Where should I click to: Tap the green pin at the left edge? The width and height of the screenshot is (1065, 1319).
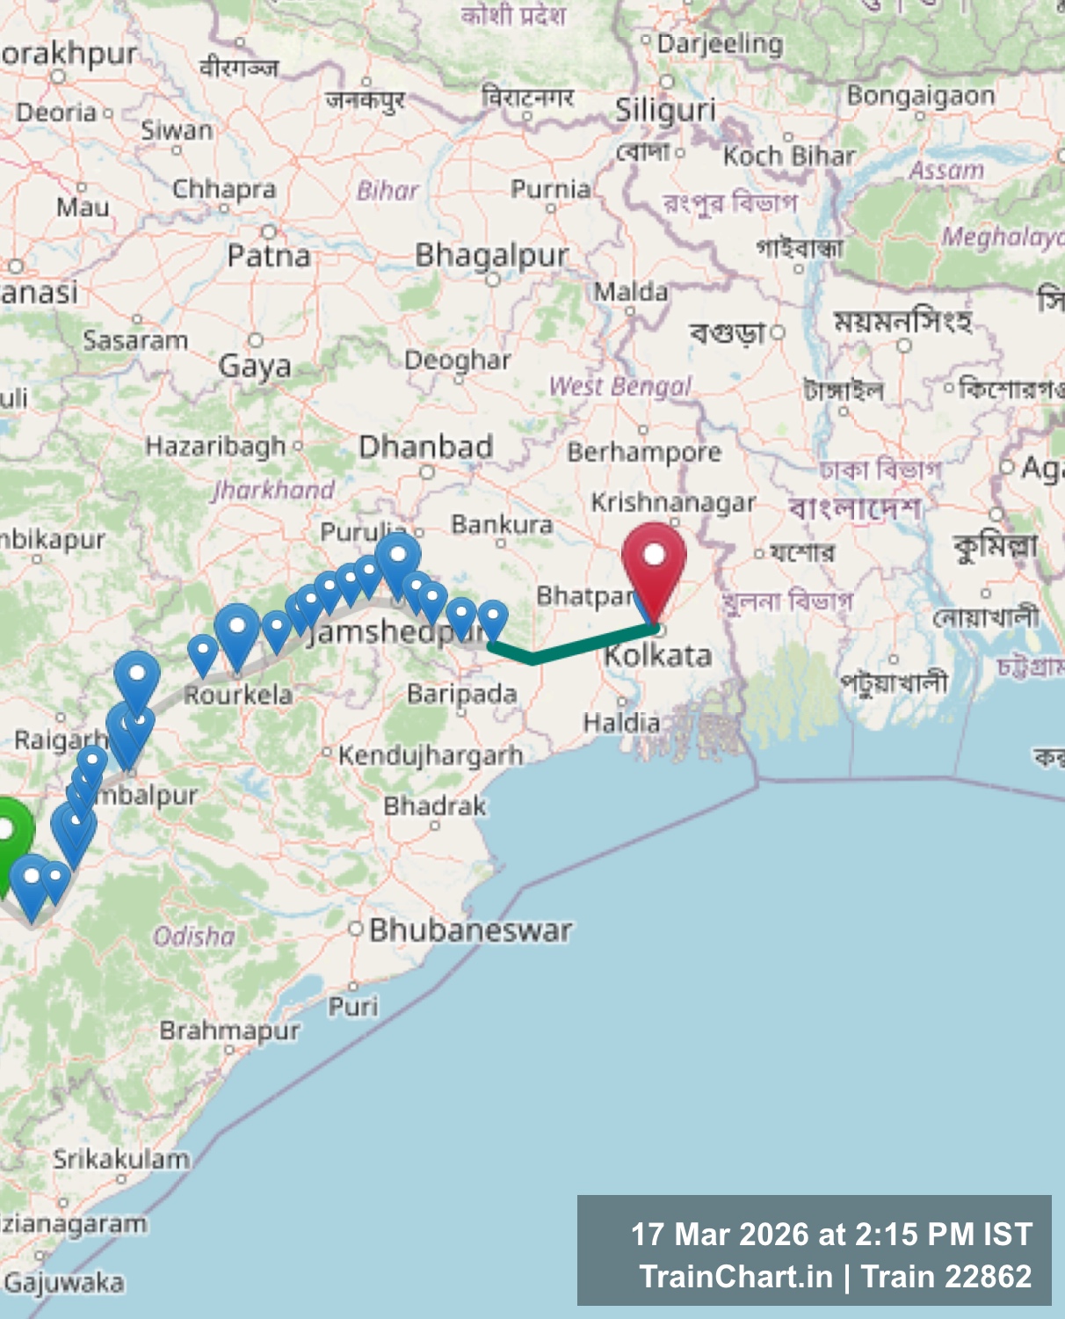(9, 831)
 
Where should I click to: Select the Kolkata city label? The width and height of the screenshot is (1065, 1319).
(657, 656)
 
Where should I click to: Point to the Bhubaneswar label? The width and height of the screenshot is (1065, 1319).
(470, 930)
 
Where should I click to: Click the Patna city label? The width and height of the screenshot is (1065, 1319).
(269, 256)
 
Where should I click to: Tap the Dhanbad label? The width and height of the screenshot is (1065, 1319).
(425, 447)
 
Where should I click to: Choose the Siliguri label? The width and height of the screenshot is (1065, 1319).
(665, 111)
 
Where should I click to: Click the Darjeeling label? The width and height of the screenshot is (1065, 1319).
(720, 44)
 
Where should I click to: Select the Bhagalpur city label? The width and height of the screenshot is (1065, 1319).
(491, 256)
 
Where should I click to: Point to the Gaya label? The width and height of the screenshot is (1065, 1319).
(255, 365)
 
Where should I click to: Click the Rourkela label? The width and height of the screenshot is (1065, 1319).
(238, 695)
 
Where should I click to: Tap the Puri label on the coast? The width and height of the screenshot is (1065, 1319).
(353, 1006)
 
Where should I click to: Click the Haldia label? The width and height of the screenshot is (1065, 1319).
(621, 723)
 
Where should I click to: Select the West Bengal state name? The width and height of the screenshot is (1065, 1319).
(620, 386)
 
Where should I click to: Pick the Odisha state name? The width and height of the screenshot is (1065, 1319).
(194, 936)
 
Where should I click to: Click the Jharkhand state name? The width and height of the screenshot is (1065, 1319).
(273, 490)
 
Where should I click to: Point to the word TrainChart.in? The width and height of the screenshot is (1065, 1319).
(735, 1277)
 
